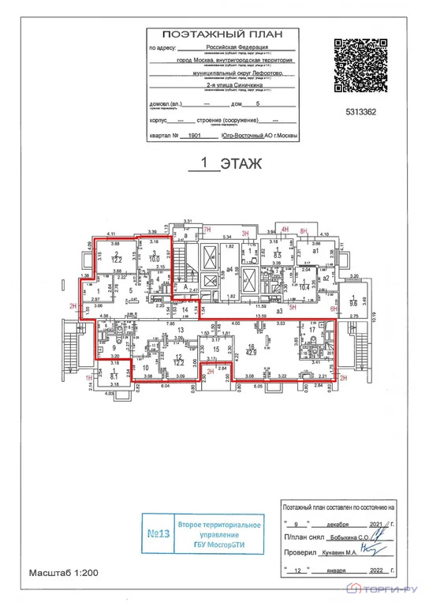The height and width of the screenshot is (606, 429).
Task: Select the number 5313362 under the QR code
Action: tap(360, 112)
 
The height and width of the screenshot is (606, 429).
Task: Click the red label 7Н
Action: tap(207, 229)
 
